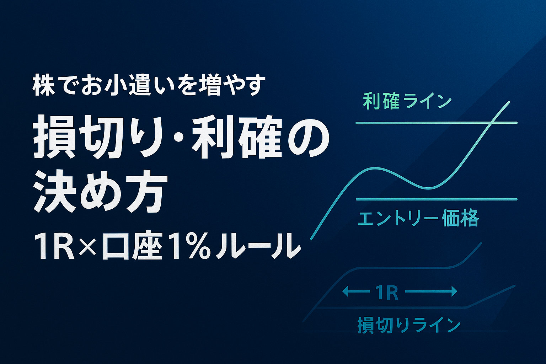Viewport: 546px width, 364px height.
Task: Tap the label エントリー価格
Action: coord(418,218)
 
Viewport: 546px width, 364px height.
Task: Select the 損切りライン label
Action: coord(409,325)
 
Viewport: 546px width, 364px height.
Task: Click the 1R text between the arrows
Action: coord(386,293)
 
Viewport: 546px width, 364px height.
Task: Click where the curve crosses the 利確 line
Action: coord(491,123)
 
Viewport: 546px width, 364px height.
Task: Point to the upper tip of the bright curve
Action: coord(509,102)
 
